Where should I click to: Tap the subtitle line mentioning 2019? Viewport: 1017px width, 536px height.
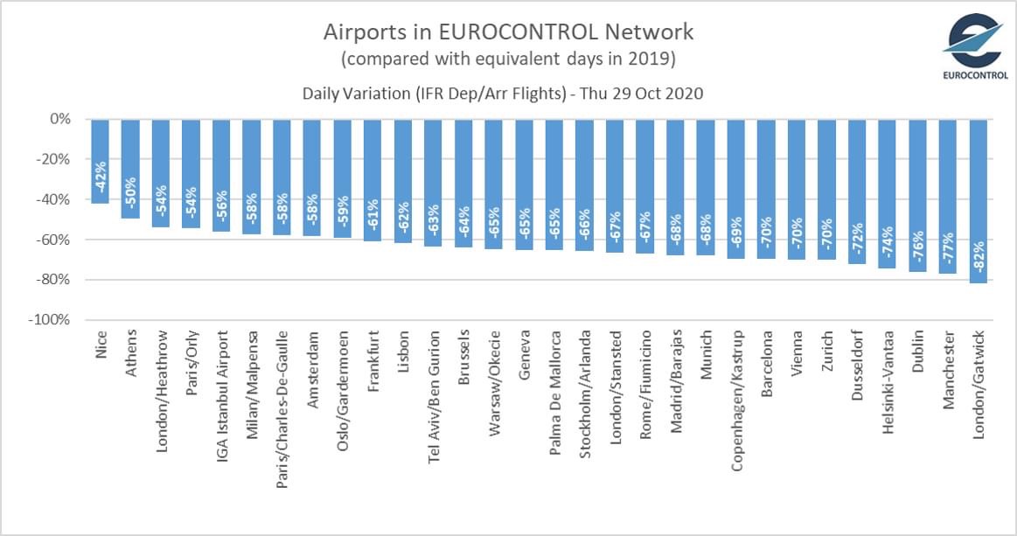click(508, 59)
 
